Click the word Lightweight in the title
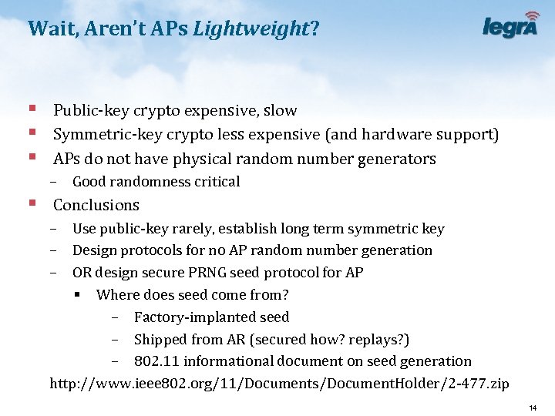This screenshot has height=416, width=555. (x=251, y=29)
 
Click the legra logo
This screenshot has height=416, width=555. (x=511, y=26)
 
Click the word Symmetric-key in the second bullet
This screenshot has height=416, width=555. (x=101, y=135)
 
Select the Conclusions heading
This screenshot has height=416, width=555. (x=96, y=205)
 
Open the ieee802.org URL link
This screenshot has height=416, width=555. (x=279, y=384)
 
